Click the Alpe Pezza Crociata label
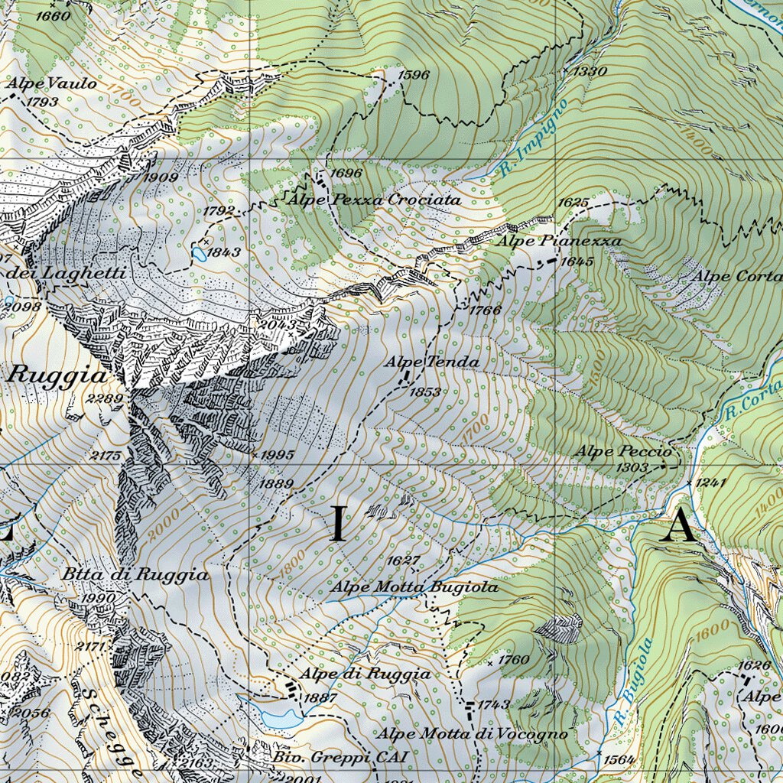[375, 200]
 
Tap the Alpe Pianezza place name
[560, 241]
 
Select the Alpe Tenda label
[432, 362]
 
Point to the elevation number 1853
[425, 391]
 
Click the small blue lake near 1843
[200, 252]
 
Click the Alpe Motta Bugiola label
[414, 587]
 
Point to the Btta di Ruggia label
[135, 575]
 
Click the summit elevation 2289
[105, 398]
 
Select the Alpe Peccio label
[623, 451]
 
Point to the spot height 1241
[710, 482]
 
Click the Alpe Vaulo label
[53, 83]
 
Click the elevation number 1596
[414, 75]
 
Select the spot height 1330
[590, 71]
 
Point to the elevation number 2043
[278, 324]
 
